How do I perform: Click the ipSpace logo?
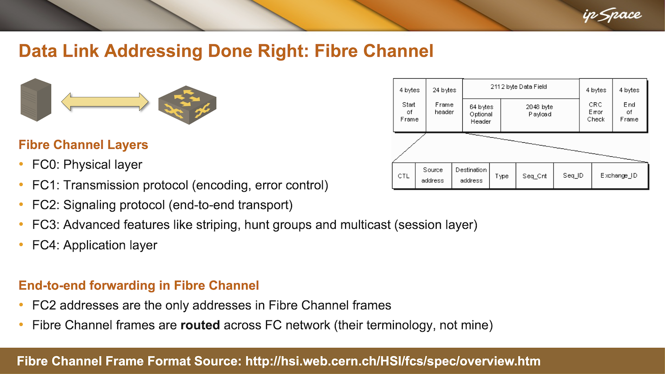pos(612,15)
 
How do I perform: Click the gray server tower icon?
pos(36,100)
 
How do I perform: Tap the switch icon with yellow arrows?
pos(187,105)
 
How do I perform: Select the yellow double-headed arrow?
pos(105,102)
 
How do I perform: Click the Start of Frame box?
pos(409,105)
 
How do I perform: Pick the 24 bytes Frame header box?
pos(444,105)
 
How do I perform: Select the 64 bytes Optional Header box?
pos(481,115)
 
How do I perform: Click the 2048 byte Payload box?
pos(540,115)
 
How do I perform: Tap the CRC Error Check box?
pos(596,105)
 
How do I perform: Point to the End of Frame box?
pos(629,105)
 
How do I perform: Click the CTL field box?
pos(404,175)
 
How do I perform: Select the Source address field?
pos(433,175)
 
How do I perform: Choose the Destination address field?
pos(471,175)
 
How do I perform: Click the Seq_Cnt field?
pos(534,175)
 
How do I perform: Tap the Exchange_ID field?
pos(619,175)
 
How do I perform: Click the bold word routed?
pos(200,325)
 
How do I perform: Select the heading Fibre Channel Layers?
pos(83,145)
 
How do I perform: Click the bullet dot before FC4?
pos(21,245)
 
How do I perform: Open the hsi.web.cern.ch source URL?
pos(393,361)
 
